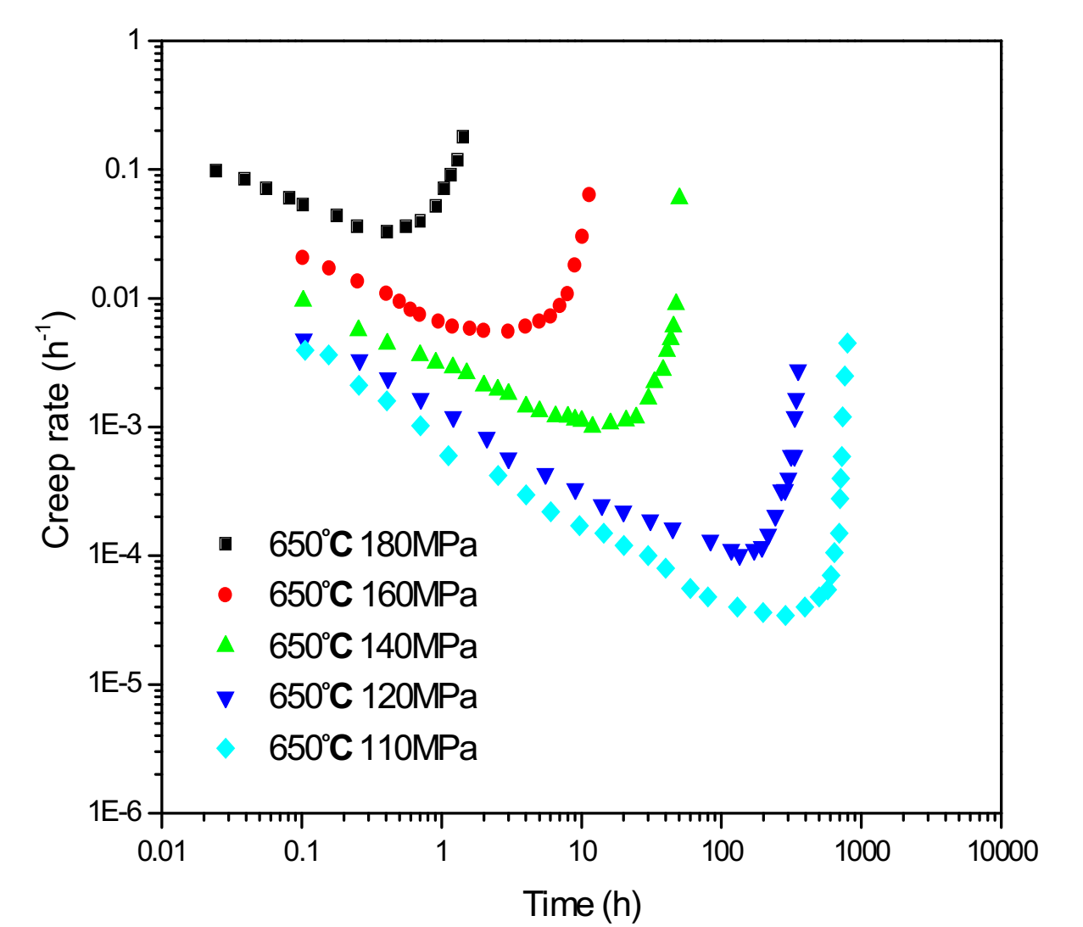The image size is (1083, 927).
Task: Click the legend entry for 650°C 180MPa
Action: (x=372, y=544)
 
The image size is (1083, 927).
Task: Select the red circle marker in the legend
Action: (x=226, y=595)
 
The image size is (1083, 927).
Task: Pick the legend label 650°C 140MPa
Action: (x=372, y=646)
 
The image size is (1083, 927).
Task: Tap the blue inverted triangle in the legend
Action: (x=226, y=698)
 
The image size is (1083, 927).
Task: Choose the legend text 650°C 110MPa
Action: (x=372, y=748)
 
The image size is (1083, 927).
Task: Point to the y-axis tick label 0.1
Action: (x=122, y=169)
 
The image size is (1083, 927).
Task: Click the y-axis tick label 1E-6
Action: (x=115, y=813)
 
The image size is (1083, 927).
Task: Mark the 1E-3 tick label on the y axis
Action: (x=115, y=427)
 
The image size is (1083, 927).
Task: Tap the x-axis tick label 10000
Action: (x=1003, y=851)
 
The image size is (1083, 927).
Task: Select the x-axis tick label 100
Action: (x=722, y=851)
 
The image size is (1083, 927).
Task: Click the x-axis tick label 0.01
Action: (x=161, y=851)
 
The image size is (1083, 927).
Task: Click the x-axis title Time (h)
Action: (x=582, y=904)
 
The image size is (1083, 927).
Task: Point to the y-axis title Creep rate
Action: (x=57, y=433)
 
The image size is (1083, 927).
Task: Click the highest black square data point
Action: (x=462, y=137)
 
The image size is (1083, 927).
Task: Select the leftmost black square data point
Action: (x=215, y=170)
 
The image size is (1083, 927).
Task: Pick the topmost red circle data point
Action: (x=589, y=195)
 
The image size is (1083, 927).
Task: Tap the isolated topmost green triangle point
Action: (x=679, y=197)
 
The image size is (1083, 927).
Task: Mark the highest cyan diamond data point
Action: (x=847, y=343)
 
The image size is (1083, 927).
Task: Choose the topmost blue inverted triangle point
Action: (x=798, y=371)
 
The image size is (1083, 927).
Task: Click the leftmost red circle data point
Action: (x=302, y=257)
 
